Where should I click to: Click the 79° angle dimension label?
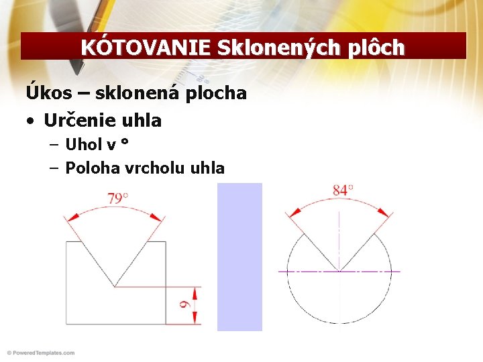118,198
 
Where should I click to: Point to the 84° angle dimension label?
343,190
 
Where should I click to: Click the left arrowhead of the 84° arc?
296,210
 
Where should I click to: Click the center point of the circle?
339,271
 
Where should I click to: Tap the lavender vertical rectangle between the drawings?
239,257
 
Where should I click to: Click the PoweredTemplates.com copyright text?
40,353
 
